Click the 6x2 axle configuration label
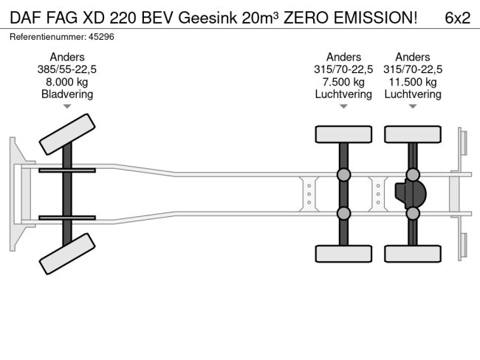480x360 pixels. click(457, 18)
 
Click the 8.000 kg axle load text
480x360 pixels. click(67, 82)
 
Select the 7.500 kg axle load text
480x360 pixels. click(343, 82)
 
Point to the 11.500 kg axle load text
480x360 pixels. click(413, 82)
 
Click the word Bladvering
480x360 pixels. click(67, 94)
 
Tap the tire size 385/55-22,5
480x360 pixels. click(67, 69)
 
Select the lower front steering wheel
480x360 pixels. click(66, 254)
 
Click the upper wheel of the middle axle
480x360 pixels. click(343, 134)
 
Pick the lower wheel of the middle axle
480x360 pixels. click(343, 254)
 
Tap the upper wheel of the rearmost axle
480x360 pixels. click(413, 134)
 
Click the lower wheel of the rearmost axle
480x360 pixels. click(413, 254)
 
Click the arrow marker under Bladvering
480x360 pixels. click(67, 107)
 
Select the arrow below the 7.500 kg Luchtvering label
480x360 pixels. click(343, 107)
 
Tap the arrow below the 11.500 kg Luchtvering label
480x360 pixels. click(413, 107)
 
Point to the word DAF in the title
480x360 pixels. click(25, 18)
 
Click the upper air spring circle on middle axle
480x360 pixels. click(343, 175)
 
